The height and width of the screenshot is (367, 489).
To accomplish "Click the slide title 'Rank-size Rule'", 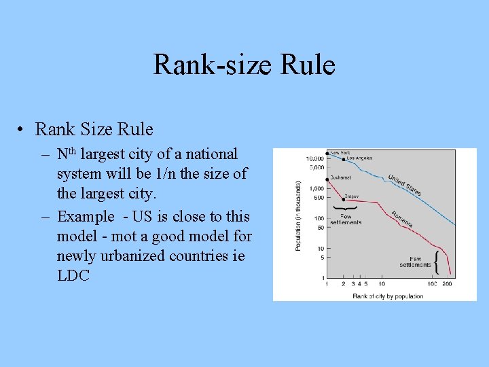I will pos(244,65).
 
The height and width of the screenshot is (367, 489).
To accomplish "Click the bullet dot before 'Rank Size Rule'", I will pos(22,129).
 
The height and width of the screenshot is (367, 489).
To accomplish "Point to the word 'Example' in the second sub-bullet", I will pos(86,217).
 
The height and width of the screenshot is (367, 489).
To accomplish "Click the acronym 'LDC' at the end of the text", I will pos(73,275).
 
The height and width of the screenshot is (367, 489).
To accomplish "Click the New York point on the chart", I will pos(327,154).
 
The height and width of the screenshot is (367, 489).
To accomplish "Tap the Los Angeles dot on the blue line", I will pos(344,159).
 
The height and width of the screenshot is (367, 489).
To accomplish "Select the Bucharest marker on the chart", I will pos(327,178).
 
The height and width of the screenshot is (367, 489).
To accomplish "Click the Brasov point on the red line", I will pos(344,198).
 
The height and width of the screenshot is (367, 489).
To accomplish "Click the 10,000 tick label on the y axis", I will pos(314,158).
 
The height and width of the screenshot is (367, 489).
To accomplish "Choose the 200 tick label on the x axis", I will pos(447,283).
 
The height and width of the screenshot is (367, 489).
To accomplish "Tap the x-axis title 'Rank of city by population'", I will pos(388,296).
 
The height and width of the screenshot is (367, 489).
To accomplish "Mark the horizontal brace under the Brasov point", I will pos(344,207).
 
